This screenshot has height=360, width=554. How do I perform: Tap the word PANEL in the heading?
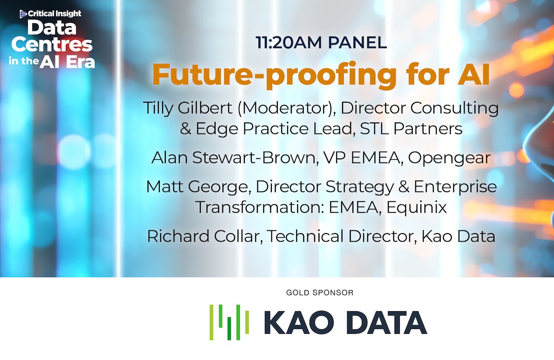coord(357,43)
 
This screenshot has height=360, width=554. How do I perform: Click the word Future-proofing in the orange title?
coord(267,75)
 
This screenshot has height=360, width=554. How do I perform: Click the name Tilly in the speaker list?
coord(158,108)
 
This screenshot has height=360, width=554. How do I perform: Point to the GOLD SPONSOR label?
coord(320,293)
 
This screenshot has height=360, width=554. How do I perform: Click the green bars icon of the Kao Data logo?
coord(229,322)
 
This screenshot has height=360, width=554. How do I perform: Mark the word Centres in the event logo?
coord(52,45)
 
